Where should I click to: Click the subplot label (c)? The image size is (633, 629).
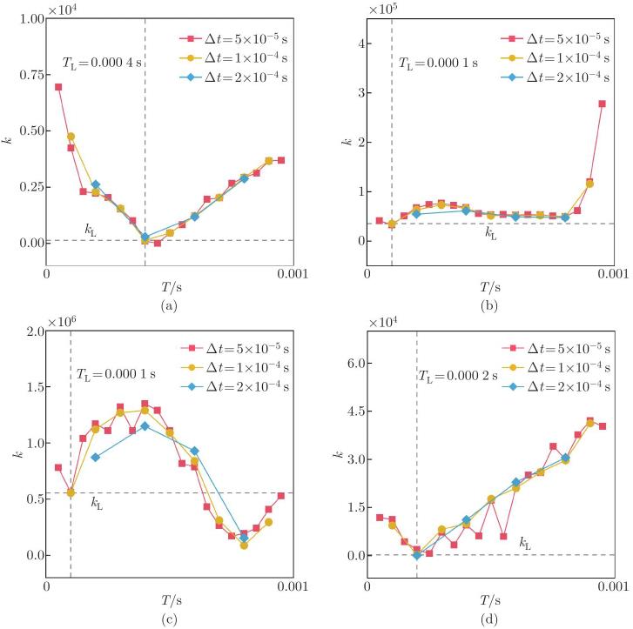tap(169, 619)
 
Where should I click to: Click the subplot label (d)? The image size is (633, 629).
tap(490, 619)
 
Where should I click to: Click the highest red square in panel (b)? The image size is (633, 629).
tap(602, 104)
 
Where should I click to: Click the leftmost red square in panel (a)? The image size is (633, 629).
tap(58, 87)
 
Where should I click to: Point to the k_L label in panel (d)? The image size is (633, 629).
tap(525, 543)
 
